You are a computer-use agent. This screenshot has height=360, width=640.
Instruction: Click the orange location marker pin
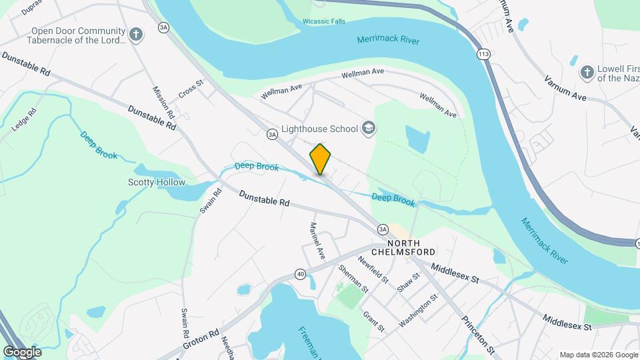click(320, 159)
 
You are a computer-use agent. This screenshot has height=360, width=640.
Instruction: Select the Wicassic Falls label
click(324, 21)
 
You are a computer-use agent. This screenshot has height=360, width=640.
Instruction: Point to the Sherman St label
click(353, 279)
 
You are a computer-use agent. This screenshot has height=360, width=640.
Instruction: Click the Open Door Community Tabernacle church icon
click(137, 35)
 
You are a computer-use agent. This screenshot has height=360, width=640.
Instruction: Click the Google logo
click(22, 351)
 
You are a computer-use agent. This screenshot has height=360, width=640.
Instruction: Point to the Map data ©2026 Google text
click(597, 355)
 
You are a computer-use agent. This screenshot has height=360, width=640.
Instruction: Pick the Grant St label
click(373, 321)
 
